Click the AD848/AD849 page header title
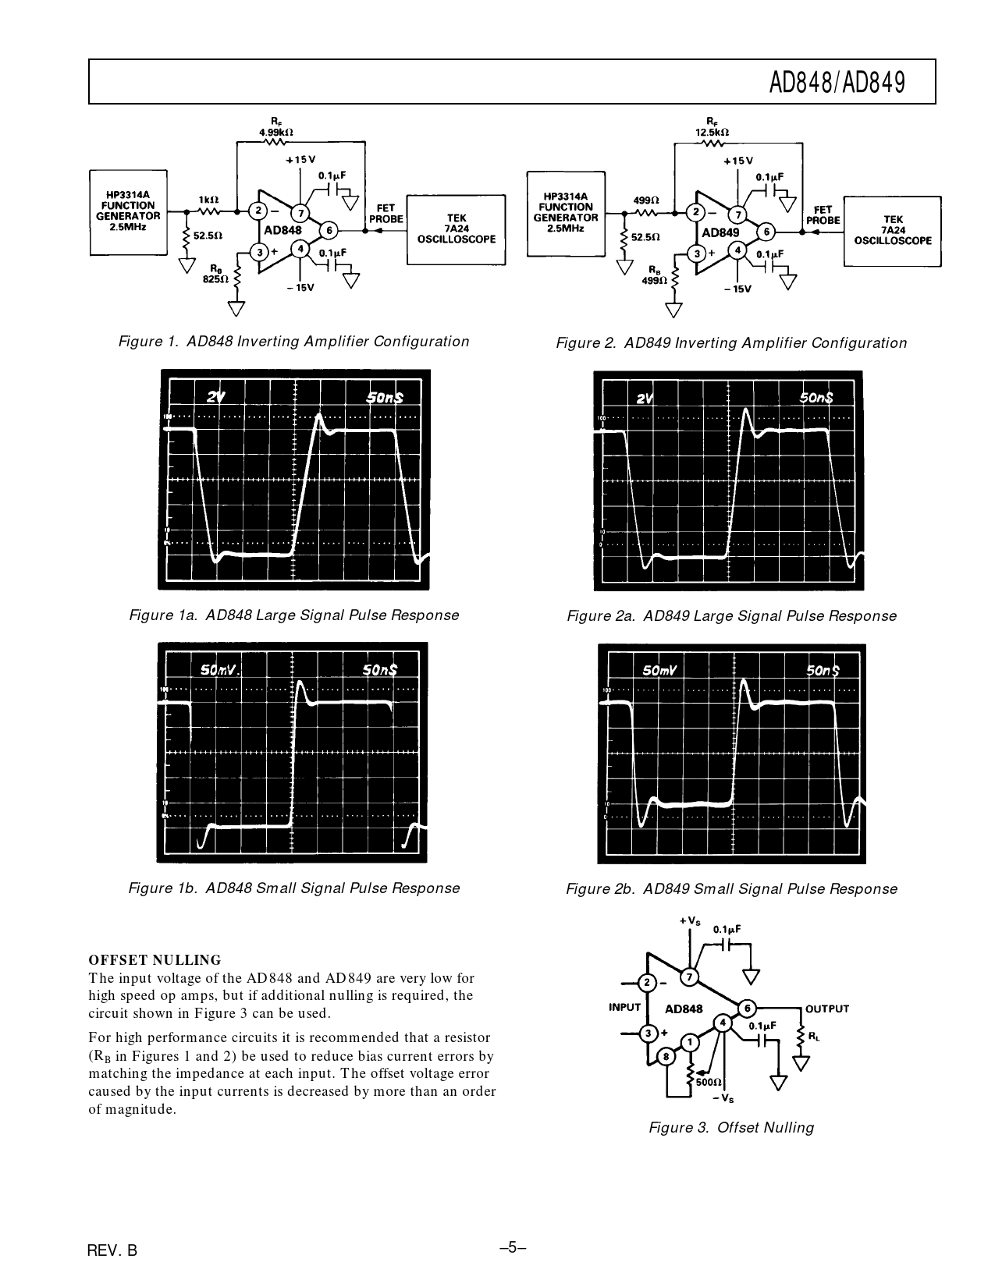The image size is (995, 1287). tap(837, 82)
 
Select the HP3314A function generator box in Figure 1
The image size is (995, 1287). tap(128, 211)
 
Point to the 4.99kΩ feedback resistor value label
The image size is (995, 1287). tap(276, 133)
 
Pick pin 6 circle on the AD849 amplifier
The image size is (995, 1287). tap(766, 232)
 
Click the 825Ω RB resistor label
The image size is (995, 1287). tap(215, 279)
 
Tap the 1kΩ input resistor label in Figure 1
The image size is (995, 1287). tap(208, 200)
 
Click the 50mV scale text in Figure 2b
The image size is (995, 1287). tap(659, 670)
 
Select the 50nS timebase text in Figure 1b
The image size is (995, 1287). tap(380, 669)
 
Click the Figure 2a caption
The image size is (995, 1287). tap(731, 616)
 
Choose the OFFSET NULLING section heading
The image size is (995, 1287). tap(155, 960)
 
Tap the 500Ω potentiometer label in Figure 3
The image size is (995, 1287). tap(709, 1083)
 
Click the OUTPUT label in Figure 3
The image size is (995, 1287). tap(826, 1009)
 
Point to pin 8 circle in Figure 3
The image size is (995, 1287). tap(666, 1057)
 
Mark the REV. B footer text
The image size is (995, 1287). tap(112, 1250)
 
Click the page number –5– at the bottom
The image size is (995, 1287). tap(513, 1246)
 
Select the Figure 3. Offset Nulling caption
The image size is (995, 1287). tap(731, 1127)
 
